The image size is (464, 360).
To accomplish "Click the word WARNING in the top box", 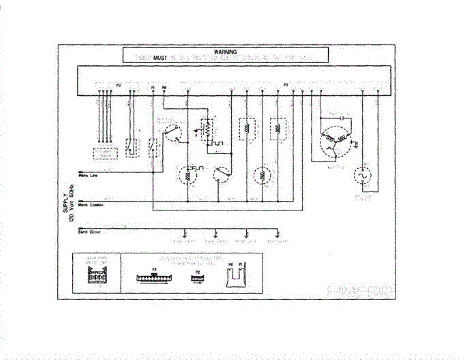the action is (225, 51).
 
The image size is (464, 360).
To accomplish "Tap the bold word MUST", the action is (160, 58).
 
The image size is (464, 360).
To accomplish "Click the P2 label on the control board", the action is (119, 85).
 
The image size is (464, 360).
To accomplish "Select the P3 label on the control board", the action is (286, 85).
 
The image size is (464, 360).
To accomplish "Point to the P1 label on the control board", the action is (153, 88).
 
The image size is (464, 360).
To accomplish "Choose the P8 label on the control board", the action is (164, 88).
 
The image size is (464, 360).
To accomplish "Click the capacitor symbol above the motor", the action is (342, 117).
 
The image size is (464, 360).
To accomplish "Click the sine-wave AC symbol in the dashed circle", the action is (363, 176).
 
